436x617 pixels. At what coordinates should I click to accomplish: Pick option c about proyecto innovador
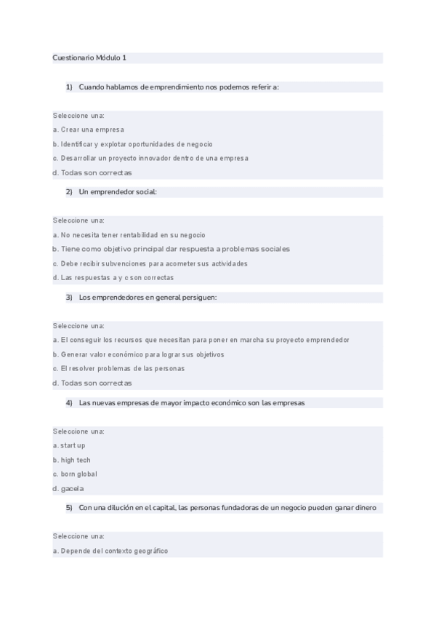coord(150,158)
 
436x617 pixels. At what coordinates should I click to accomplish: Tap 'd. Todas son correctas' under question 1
coord(92,172)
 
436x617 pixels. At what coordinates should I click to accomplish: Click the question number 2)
coord(69,192)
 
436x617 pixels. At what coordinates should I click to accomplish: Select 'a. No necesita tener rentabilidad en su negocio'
coord(129,235)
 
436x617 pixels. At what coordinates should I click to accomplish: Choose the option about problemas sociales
coord(171,249)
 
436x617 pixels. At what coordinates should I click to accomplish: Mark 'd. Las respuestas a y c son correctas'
coord(113,277)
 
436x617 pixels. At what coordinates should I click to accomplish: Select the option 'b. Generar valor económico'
coord(138,354)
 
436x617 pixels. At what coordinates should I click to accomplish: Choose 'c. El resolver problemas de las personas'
coord(118,368)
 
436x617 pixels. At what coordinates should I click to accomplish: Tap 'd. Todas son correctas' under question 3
coord(92,383)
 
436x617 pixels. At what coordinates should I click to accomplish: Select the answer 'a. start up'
coord(69,445)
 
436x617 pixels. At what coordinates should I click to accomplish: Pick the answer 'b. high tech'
coord(71,460)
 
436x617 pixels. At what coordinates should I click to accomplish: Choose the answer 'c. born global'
coord(75,474)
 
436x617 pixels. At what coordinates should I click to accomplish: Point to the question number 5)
coord(69,508)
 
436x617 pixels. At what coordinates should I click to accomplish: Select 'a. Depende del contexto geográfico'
coord(110,551)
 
